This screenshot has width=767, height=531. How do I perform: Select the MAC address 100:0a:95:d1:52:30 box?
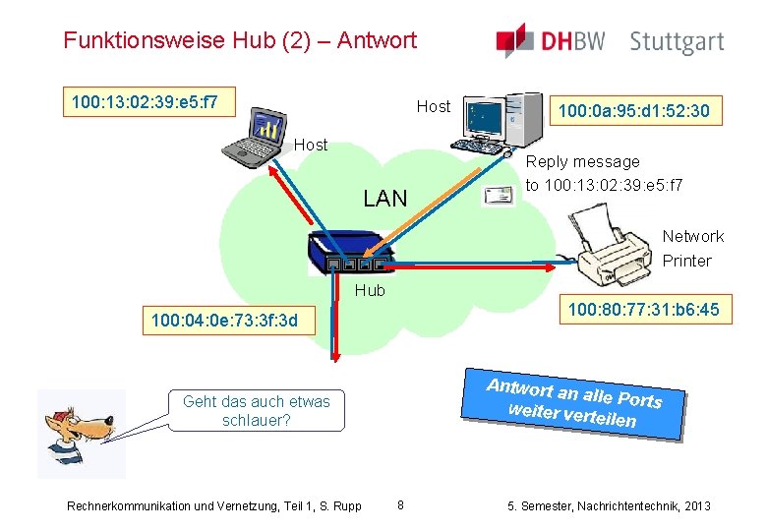point(633,111)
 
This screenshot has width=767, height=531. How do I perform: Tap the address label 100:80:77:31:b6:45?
point(643,310)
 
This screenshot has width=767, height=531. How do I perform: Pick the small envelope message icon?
point(498,196)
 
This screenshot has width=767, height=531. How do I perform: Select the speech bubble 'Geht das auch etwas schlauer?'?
point(257,411)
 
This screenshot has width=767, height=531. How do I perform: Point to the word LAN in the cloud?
point(384,199)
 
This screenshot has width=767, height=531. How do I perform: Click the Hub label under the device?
point(370,290)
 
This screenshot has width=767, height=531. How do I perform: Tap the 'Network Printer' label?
point(692,249)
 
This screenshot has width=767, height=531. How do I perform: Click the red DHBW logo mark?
point(516,40)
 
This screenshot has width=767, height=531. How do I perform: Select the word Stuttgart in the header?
point(677,41)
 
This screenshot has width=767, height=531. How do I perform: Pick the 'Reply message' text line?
point(583,161)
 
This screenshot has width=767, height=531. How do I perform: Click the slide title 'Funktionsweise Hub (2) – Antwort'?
point(240,40)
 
